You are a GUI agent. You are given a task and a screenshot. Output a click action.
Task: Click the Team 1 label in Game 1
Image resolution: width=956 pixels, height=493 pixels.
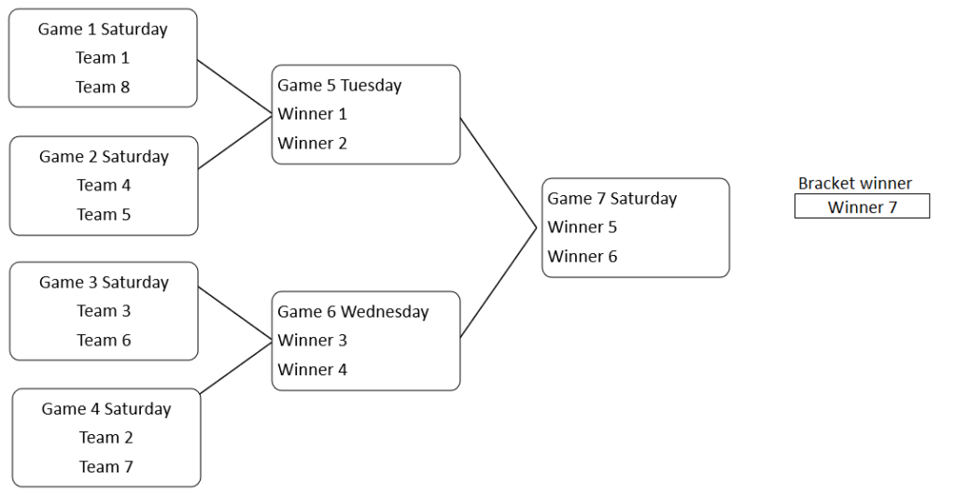[x=103, y=58]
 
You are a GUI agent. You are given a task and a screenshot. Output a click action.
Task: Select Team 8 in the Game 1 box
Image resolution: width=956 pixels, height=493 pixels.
[x=103, y=87]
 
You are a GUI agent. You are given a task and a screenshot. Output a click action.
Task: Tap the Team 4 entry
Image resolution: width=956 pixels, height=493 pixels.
[x=104, y=185]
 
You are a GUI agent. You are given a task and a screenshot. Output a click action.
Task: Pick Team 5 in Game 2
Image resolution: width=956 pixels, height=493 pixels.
[x=104, y=214]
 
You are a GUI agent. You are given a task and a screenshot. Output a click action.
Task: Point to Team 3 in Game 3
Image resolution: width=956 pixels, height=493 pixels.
[x=104, y=311]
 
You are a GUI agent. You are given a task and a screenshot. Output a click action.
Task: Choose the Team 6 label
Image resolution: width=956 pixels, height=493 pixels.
[x=104, y=340]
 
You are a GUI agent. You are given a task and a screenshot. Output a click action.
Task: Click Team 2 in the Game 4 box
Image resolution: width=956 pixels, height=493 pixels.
[x=105, y=437]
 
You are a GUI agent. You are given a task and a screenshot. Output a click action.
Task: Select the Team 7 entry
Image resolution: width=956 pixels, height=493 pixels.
[x=105, y=466]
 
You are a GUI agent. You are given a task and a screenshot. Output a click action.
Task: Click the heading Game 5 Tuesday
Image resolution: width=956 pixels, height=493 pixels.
[x=340, y=85]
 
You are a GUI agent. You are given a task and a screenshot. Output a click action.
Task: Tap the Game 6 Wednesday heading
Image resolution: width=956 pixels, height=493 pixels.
[x=353, y=312]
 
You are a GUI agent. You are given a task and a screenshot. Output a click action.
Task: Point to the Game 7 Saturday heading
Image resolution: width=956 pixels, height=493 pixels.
[x=612, y=198]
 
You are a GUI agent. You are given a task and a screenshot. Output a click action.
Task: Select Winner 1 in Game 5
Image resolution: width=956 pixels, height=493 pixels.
[x=312, y=114]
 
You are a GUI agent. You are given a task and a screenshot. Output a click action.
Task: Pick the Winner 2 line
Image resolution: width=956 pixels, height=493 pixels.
[x=312, y=143]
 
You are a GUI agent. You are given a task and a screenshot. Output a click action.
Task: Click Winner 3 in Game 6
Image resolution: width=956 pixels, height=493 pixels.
[x=312, y=341]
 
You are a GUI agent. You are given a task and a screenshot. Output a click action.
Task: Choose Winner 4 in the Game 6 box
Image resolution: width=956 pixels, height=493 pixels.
[x=312, y=370]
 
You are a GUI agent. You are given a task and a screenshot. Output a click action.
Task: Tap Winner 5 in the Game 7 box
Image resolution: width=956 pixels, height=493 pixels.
[x=582, y=227]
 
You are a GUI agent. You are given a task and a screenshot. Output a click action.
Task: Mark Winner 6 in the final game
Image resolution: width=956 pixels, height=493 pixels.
[x=582, y=256]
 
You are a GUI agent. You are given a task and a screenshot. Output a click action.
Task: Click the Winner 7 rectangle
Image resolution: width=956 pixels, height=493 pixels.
[x=862, y=206]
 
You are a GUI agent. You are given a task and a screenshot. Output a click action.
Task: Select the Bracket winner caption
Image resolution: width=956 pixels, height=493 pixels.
[x=855, y=184]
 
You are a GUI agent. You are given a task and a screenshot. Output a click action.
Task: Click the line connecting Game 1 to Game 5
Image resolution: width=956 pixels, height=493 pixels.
[x=234, y=88]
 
